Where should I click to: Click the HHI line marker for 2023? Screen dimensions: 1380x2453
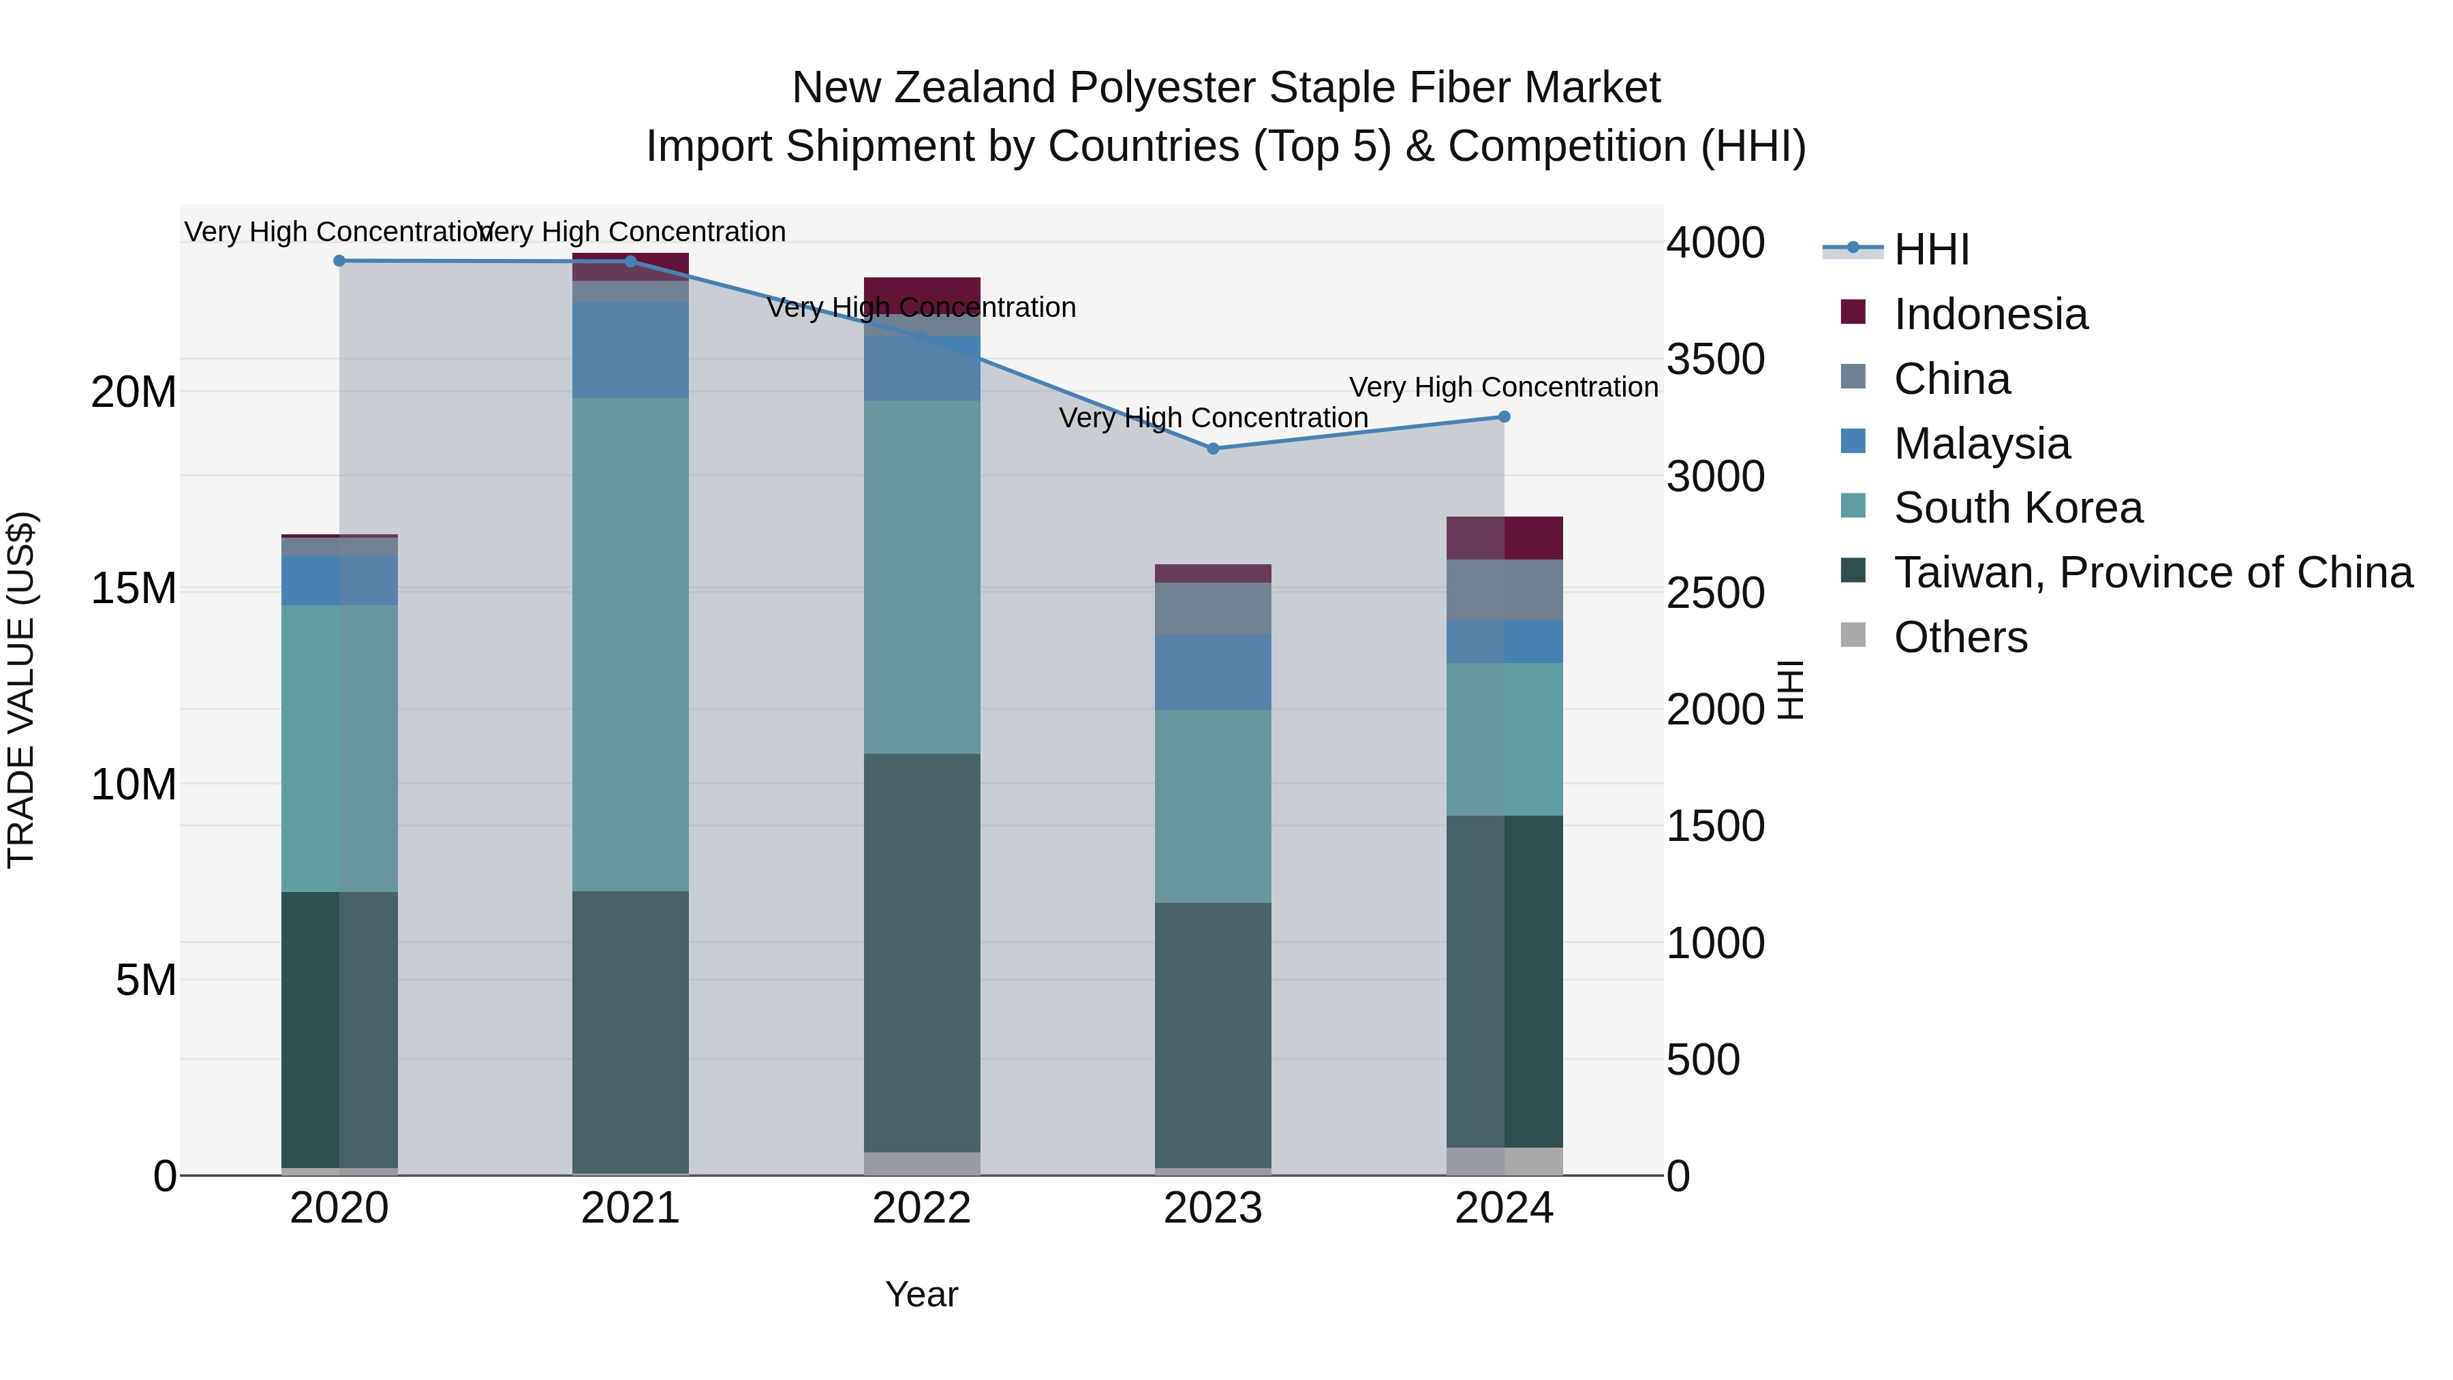tap(1212, 448)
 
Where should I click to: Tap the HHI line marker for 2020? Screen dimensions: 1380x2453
tap(339, 261)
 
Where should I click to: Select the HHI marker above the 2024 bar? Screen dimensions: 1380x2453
tap(1504, 417)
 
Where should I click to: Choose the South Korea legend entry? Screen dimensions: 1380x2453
tap(2017, 508)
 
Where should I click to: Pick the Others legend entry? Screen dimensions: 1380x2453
tap(1960, 637)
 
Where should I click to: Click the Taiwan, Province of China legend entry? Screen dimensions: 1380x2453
tap(2152, 572)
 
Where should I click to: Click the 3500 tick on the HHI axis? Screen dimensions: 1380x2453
tap(1715, 360)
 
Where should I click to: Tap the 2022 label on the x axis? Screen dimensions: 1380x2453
tap(921, 1208)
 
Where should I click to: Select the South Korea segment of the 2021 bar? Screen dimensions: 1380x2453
tap(630, 645)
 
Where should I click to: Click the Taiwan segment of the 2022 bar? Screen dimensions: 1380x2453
tap(921, 953)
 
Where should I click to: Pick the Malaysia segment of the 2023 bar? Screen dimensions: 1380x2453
tap(1212, 673)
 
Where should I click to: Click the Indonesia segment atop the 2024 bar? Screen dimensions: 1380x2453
tap(1504, 538)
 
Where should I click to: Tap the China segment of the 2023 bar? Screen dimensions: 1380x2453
tap(1212, 609)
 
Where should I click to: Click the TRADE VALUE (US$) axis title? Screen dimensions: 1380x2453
tap(22, 690)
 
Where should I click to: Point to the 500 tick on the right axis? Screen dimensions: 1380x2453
tap(1703, 1060)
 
